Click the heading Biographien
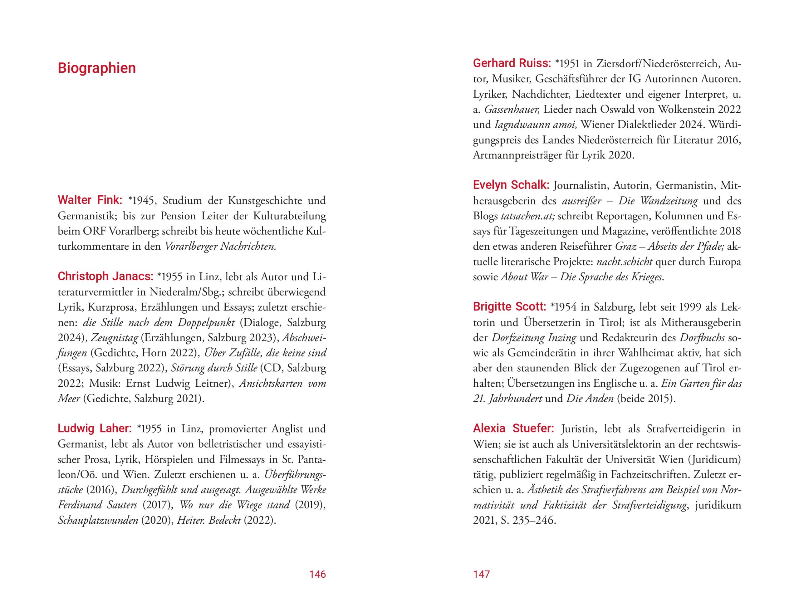[96, 68]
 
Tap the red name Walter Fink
[90, 200]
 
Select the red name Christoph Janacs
[105, 276]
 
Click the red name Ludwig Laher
[95, 428]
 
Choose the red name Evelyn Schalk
[511, 185]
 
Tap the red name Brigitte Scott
[509, 307]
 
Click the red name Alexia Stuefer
[513, 428]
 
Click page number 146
[317, 574]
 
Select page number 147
[481, 574]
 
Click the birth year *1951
[567, 64]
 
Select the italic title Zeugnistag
[114, 337]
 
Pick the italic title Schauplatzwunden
[98, 520]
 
